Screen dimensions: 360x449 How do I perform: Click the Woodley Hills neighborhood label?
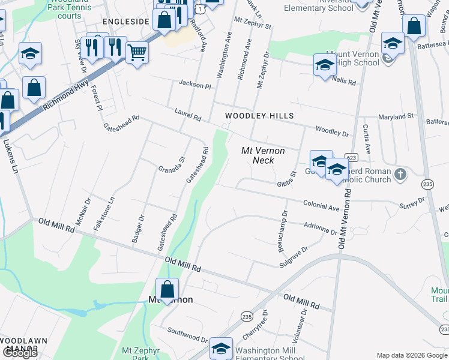tap(259, 115)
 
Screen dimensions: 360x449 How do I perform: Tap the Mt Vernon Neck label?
tap(263, 155)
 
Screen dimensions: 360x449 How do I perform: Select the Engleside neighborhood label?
tap(125, 21)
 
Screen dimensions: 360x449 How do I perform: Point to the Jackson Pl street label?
tap(195, 85)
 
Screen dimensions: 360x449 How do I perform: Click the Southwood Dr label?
tap(187, 333)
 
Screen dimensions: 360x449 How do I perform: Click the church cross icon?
tap(400, 175)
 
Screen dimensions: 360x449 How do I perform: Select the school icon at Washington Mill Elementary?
tap(221, 349)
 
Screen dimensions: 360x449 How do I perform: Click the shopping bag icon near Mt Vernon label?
tap(167, 289)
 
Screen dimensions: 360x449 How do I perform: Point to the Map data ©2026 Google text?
tap(411, 355)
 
